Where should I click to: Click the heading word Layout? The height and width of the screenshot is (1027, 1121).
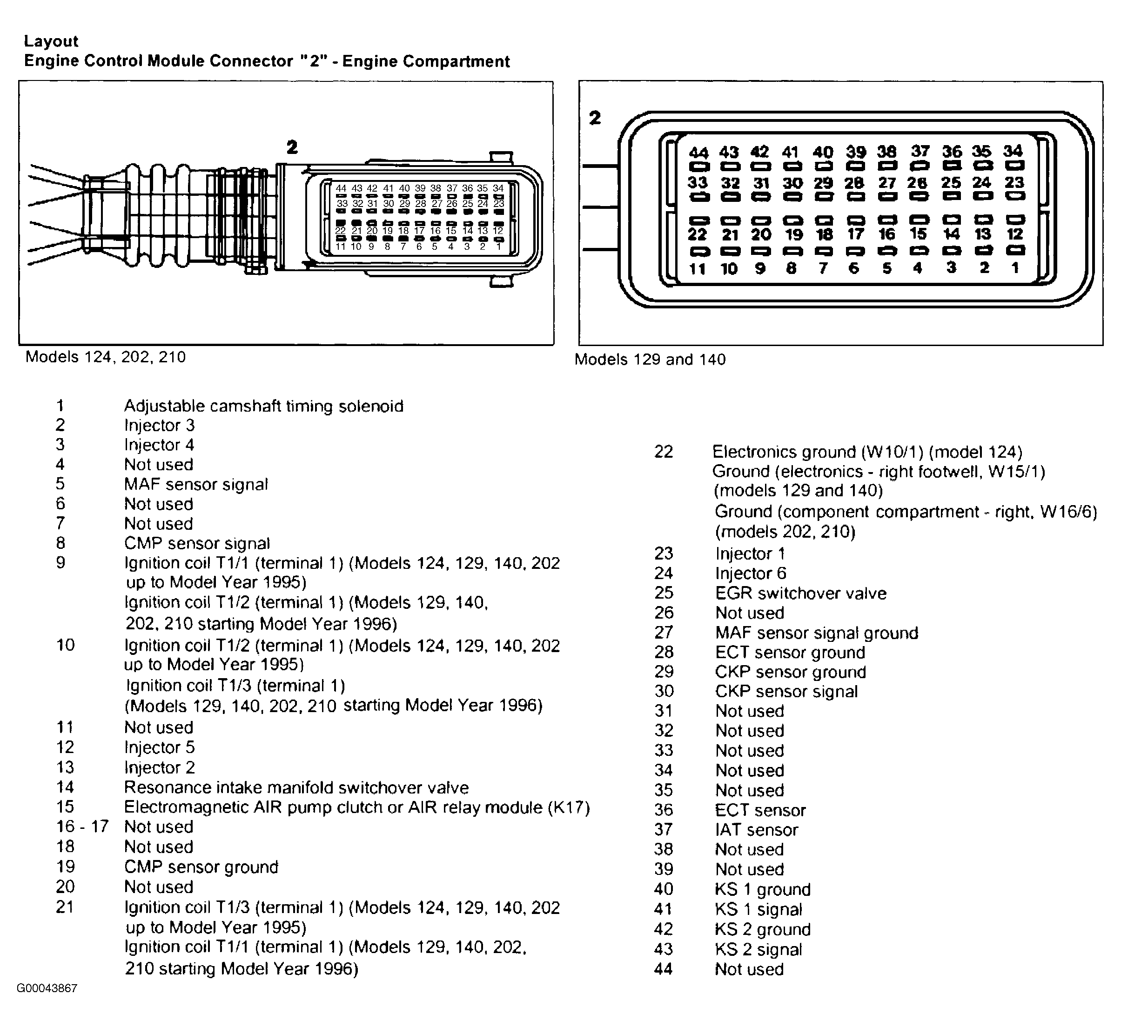51,41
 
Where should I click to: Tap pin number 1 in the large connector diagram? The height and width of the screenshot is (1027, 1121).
1015,268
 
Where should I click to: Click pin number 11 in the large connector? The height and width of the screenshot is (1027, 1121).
697,269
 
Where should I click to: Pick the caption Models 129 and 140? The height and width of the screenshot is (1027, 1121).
650,360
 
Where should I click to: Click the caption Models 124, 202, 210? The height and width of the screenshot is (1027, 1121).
105,357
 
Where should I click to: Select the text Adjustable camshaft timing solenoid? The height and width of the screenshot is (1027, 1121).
263,406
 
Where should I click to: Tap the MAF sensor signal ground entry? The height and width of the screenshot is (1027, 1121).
816,633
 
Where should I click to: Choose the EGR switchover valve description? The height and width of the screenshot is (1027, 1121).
801,593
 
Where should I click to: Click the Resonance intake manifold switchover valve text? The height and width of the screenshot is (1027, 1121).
296,787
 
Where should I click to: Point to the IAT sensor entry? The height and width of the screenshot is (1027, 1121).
756,830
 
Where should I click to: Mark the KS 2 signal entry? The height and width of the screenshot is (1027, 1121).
759,949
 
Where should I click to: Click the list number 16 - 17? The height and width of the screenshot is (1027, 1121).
82,827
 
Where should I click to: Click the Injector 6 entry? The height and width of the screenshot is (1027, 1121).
751,573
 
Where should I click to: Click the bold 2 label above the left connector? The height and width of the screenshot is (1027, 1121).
292,147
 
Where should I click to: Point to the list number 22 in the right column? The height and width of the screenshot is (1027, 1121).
664,451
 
